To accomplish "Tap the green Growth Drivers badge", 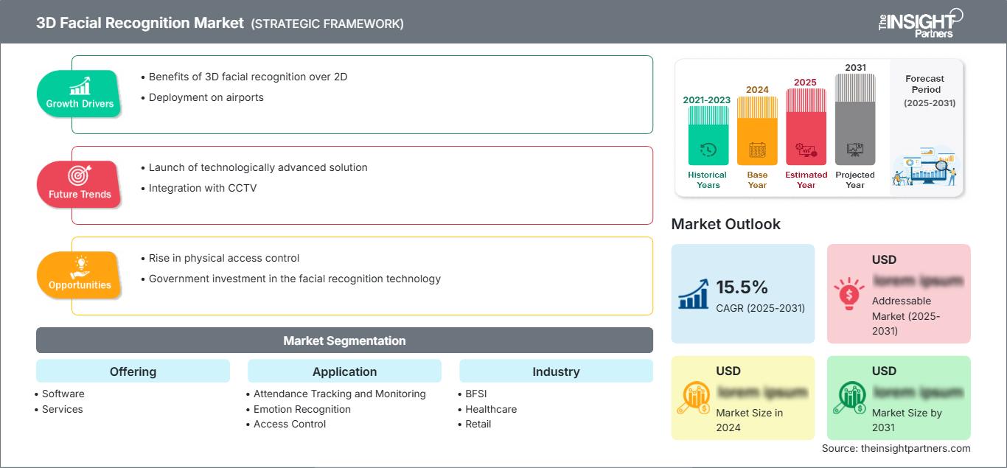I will pos(80,94).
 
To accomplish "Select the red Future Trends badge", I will pos(80,184).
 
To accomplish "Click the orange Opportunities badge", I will pos(80,275).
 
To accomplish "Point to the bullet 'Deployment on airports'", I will pos(206,97).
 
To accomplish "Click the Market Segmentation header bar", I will pos(344,340).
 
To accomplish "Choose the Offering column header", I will pos(133,371).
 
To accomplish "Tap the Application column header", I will pos(344,371).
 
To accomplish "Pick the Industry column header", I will pos(556,371).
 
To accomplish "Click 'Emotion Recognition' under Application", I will pos(302,409).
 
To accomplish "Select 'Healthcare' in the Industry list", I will pos(491,409).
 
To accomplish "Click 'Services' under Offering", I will pos(63,409).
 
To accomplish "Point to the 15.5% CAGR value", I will pos(742,287).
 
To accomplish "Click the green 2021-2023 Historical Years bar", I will pos(708,136).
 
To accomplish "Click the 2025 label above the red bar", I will pos(806,83).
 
